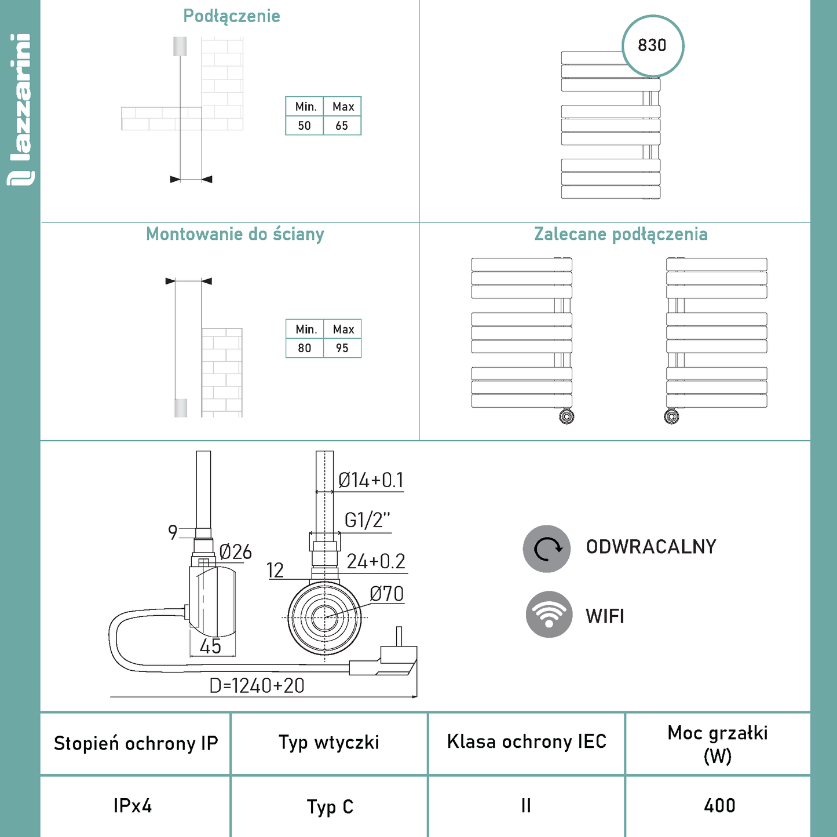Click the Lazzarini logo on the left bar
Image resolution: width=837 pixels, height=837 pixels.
[20, 110]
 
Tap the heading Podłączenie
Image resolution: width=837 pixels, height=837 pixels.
[232, 16]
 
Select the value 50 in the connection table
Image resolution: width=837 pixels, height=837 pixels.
[304, 126]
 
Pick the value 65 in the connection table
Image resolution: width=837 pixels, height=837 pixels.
[342, 126]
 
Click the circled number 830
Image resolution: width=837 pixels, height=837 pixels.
[652, 45]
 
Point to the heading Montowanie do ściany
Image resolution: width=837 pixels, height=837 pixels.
[235, 234]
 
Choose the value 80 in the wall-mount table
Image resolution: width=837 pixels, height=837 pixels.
[304, 348]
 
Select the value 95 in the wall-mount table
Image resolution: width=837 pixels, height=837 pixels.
[342, 348]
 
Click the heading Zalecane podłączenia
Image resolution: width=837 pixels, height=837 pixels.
[621, 234]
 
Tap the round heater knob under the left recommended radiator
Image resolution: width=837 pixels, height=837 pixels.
[566, 416]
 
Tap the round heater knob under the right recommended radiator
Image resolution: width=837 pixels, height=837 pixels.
[671, 416]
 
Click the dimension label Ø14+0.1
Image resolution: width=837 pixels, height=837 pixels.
[371, 480]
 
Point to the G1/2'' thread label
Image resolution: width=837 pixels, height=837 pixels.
[367, 520]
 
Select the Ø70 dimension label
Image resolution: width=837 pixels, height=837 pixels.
[386, 594]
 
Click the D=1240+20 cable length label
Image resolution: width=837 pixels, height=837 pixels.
[257, 686]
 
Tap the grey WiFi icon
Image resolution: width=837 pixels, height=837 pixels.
[549, 615]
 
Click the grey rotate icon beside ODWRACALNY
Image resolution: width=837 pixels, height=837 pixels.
[547, 549]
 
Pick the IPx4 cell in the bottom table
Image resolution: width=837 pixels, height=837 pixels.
[133, 806]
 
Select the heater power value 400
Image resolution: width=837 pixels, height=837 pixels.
[719, 806]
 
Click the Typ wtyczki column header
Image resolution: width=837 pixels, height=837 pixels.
[329, 743]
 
